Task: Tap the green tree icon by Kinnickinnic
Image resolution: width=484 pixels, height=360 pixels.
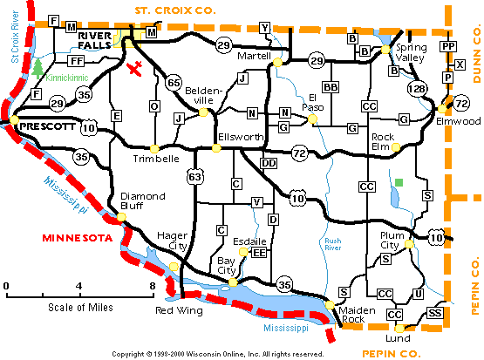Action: coord(37,65)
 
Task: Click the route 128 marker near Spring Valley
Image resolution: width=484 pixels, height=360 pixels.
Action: coord(421,90)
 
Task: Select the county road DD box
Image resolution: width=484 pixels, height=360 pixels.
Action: coord(269,163)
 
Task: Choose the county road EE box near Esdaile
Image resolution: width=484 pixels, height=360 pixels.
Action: coord(259,253)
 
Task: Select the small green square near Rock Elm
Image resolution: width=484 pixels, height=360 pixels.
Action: coord(399,181)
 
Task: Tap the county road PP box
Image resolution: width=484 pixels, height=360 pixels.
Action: coord(449,45)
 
